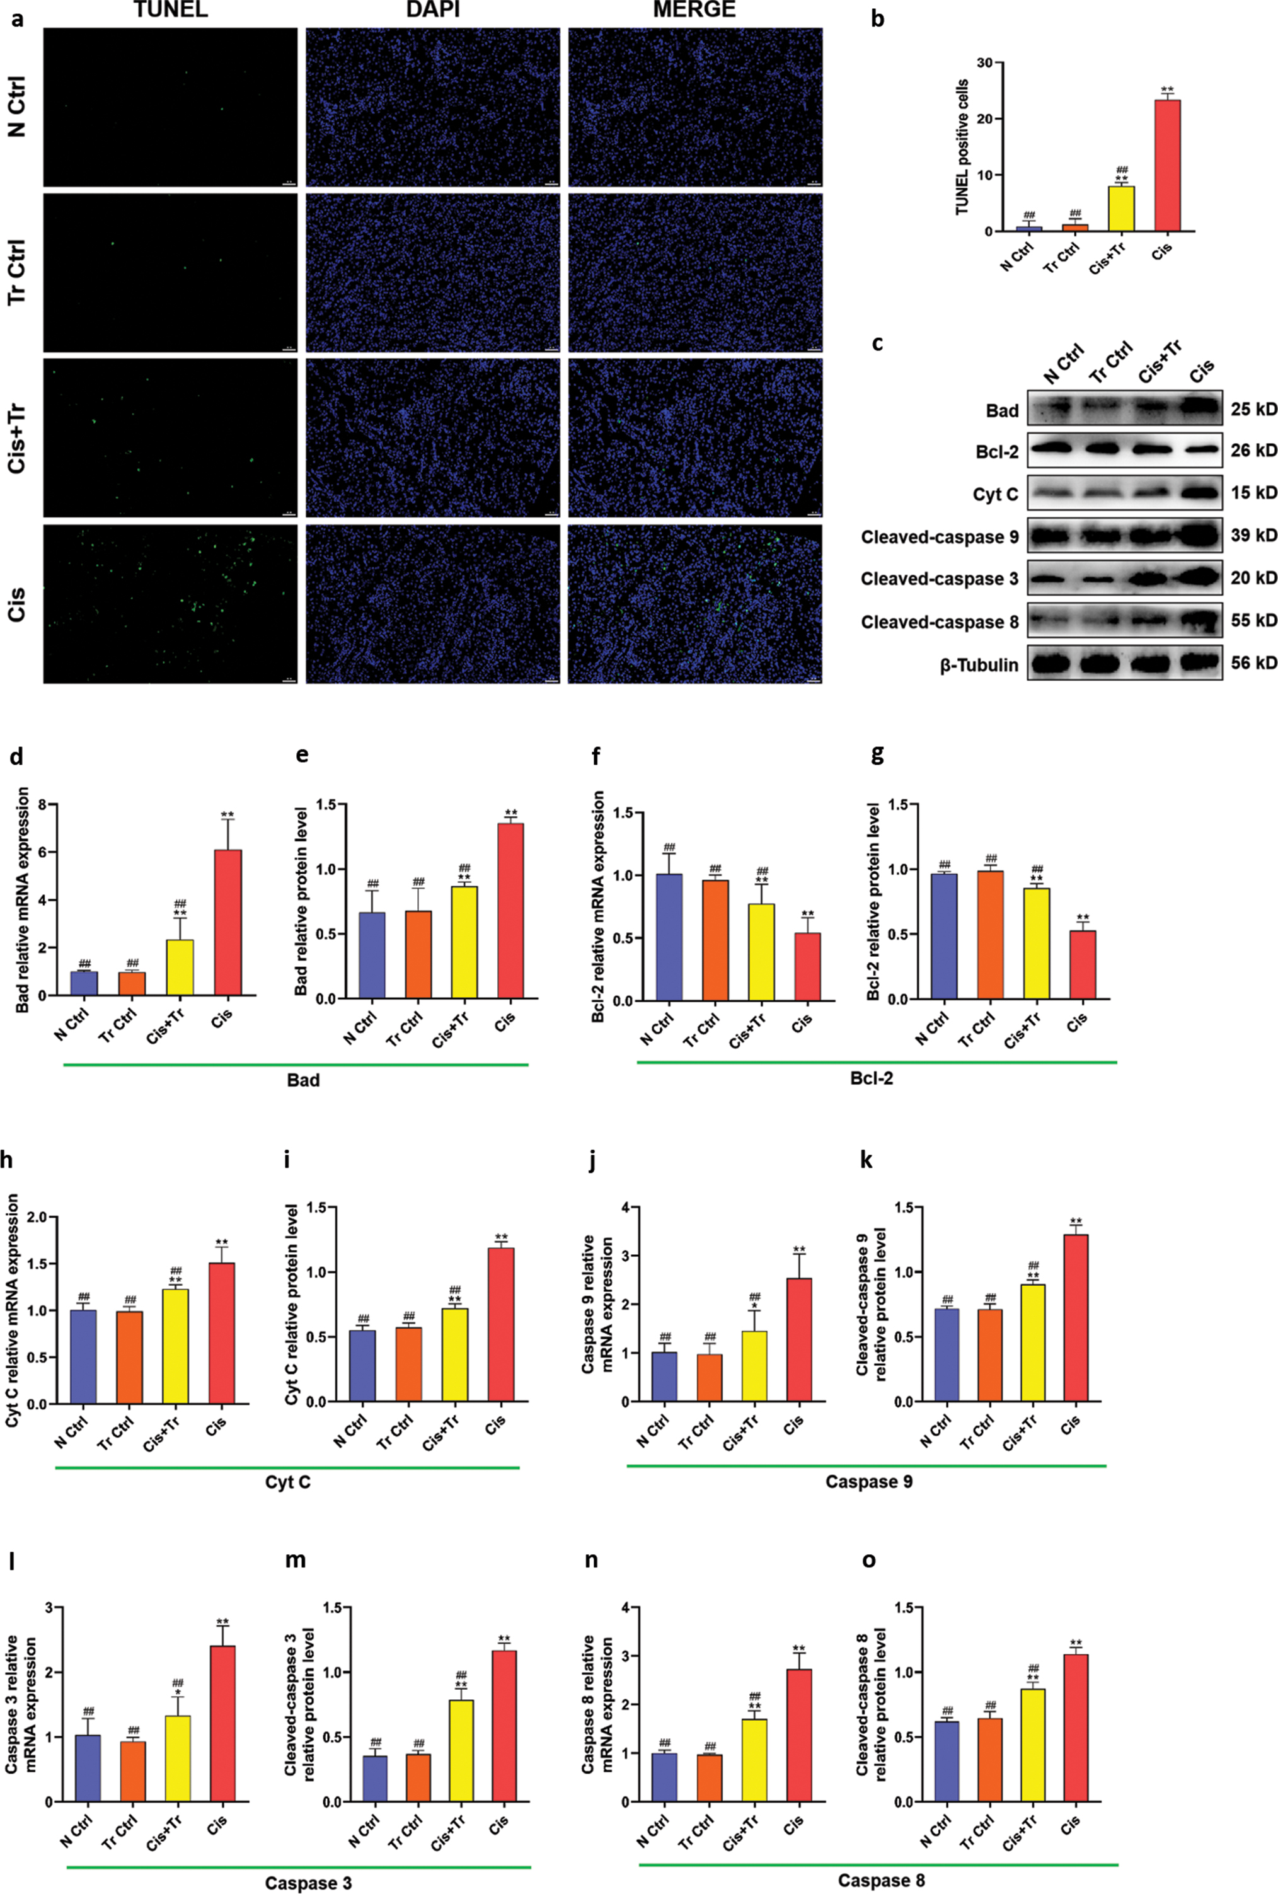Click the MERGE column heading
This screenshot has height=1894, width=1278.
pos(694,10)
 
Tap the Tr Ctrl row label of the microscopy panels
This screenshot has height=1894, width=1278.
pos(16,272)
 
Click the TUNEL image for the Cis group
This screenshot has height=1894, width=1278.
pos(170,604)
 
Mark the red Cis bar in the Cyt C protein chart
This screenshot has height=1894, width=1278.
pos(500,1324)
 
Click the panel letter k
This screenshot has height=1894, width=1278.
pos(866,1160)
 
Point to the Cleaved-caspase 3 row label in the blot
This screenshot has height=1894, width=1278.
pos(939,579)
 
